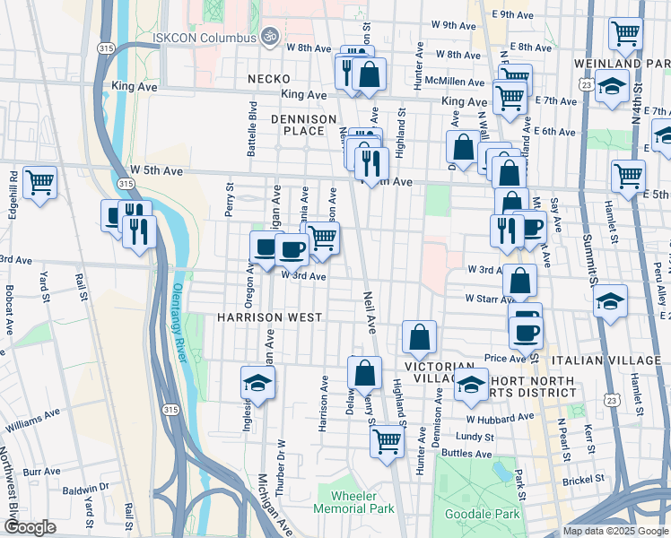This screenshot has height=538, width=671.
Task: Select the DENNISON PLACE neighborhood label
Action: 303,125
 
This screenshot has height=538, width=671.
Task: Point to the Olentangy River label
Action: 177,324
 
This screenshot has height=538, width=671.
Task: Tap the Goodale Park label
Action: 482,515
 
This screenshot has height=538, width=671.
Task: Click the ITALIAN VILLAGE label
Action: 610,360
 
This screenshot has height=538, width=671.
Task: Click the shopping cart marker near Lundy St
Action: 387,440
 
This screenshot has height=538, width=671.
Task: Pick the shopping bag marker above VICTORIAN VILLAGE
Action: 419,338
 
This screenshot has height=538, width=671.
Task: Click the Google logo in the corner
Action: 30,528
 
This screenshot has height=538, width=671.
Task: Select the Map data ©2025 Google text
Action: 614,531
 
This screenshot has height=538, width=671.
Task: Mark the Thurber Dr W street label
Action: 280,455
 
